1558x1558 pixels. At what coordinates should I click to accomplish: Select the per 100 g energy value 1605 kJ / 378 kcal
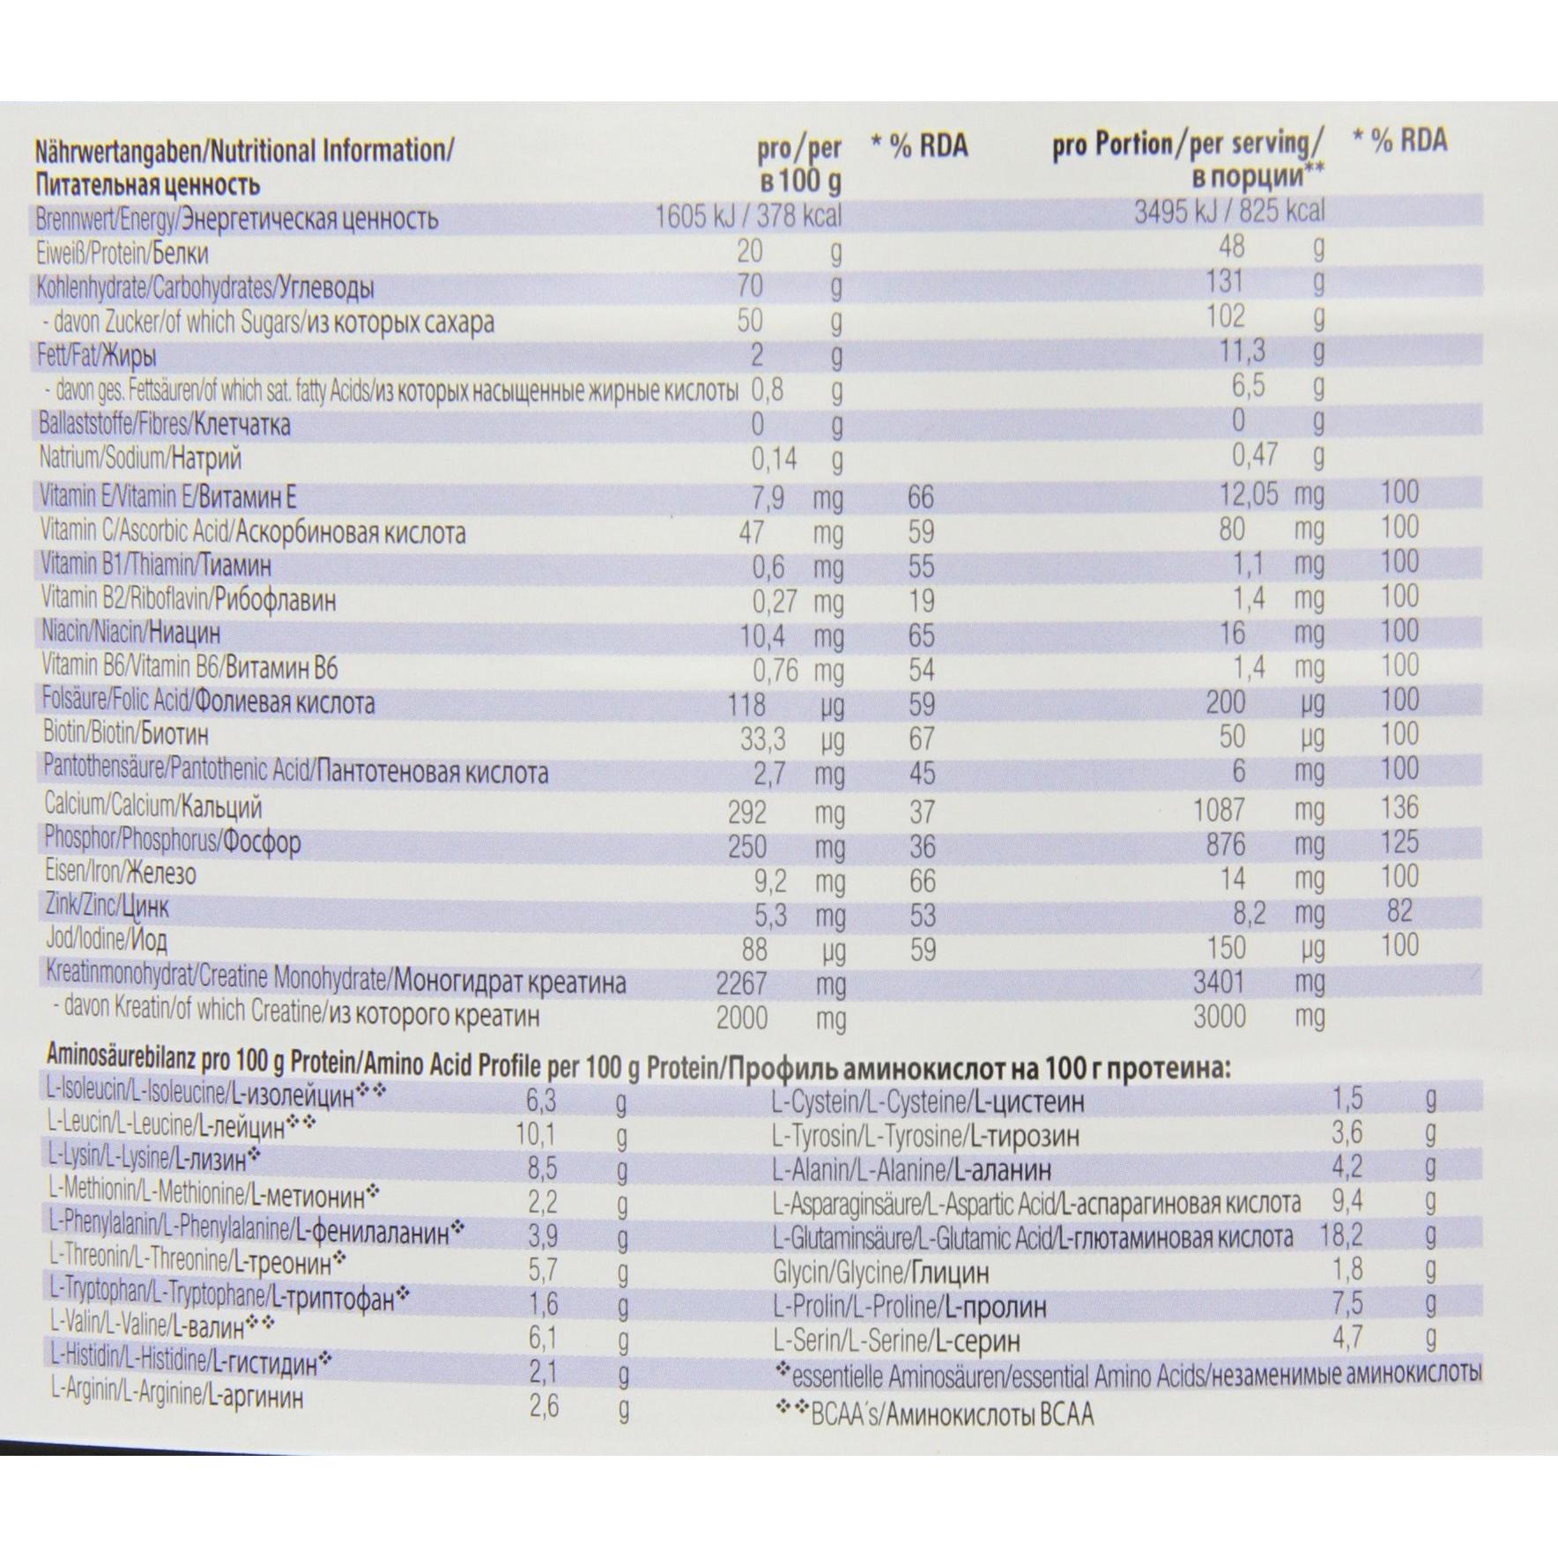pyautogui.click(x=748, y=217)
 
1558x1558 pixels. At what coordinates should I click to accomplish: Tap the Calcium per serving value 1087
pyautogui.click(x=1220, y=810)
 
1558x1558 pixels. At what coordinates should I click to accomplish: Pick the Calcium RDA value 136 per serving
pyautogui.click(x=1399, y=807)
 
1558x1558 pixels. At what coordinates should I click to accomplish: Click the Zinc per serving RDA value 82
pyautogui.click(x=1399, y=910)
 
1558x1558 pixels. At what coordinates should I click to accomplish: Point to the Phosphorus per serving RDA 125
pyautogui.click(x=1399, y=842)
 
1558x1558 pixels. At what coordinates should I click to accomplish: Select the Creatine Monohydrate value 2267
pyautogui.click(x=742, y=983)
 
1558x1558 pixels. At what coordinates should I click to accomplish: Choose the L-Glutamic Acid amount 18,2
pyautogui.click(x=1341, y=1235)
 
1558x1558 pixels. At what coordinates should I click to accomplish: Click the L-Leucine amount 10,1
pyautogui.click(x=536, y=1133)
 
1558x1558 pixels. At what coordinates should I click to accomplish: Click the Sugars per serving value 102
pyautogui.click(x=1226, y=315)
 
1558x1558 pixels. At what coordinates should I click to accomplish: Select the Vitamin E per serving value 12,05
pyautogui.click(x=1248, y=494)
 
